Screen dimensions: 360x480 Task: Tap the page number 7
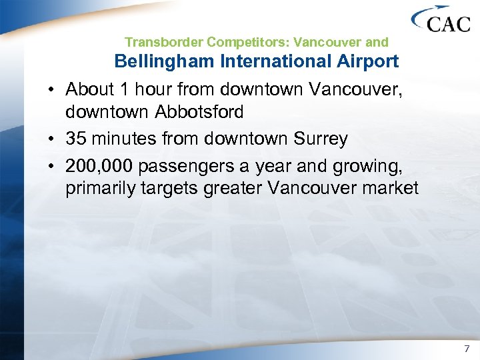click(467, 349)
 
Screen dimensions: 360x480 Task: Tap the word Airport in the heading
click(365, 62)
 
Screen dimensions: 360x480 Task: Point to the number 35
click(76, 138)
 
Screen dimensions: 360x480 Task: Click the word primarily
click(100, 189)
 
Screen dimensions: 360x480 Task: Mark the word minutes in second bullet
click(129, 138)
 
